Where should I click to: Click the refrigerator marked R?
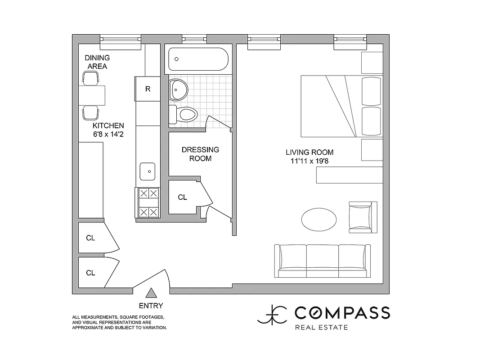[x=148, y=89]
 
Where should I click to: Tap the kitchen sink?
[x=148, y=171]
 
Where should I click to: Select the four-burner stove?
[x=148, y=202]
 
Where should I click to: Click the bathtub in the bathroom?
[x=198, y=59]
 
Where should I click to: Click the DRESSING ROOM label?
[x=200, y=154]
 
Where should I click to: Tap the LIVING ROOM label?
[x=310, y=152]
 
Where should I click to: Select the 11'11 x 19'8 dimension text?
[x=310, y=161]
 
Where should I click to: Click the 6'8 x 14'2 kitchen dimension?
[x=108, y=134]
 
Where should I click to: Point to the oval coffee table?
[x=319, y=219]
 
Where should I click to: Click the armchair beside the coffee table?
[x=363, y=217]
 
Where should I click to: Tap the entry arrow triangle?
[x=152, y=293]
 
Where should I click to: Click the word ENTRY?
[x=151, y=306]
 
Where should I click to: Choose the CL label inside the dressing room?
[x=182, y=197]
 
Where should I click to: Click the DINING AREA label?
[x=97, y=62]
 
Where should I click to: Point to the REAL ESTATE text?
[x=321, y=327]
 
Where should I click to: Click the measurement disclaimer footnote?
[x=120, y=323]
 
